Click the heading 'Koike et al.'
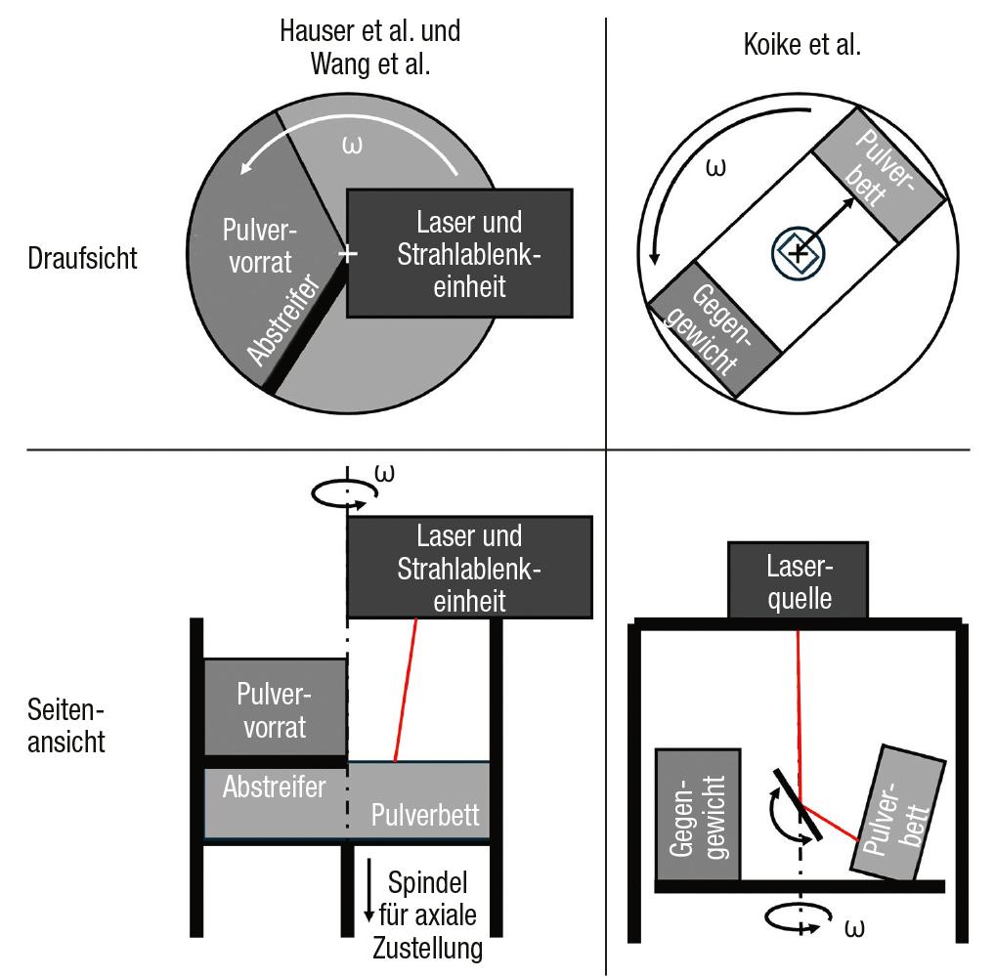pos(802,45)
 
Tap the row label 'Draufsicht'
pos(82,258)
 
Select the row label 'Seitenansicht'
pos(66,726)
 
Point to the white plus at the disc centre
pos(347,254)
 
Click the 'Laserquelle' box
pos(798,580)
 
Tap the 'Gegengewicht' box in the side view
pos(698,815)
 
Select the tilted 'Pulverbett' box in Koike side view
pos(898,813)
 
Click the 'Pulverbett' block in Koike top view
pos(880,175)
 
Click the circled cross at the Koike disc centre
pos(799,252)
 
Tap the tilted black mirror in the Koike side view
pos(798,804)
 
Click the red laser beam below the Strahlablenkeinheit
pos(406,690)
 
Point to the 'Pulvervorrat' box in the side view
pos(275,707)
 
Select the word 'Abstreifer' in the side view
pos(274,787)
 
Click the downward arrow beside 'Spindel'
pos(368,891)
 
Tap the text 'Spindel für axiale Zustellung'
pos(428,915)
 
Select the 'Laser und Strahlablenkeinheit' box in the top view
pos(460,253)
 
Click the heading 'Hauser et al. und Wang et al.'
pos(370,48)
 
